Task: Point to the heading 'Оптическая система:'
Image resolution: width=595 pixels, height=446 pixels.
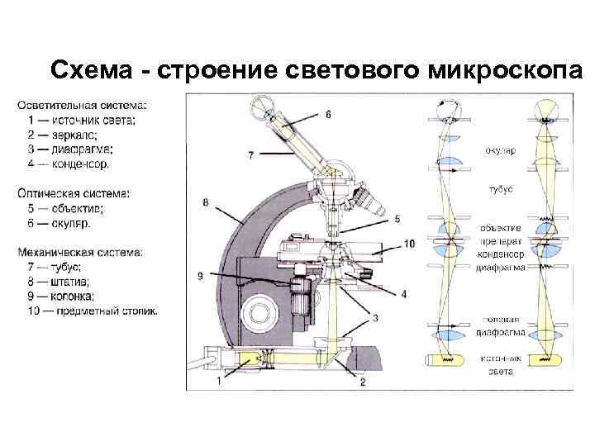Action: [74, 194]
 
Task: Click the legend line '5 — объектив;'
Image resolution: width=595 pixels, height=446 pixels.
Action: [64, 209]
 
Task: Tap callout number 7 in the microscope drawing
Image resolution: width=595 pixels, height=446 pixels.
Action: [250, 155]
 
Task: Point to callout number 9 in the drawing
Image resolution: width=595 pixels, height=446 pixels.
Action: [200, 276]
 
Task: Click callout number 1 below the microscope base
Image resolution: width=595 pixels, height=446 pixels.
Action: [218, 381]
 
